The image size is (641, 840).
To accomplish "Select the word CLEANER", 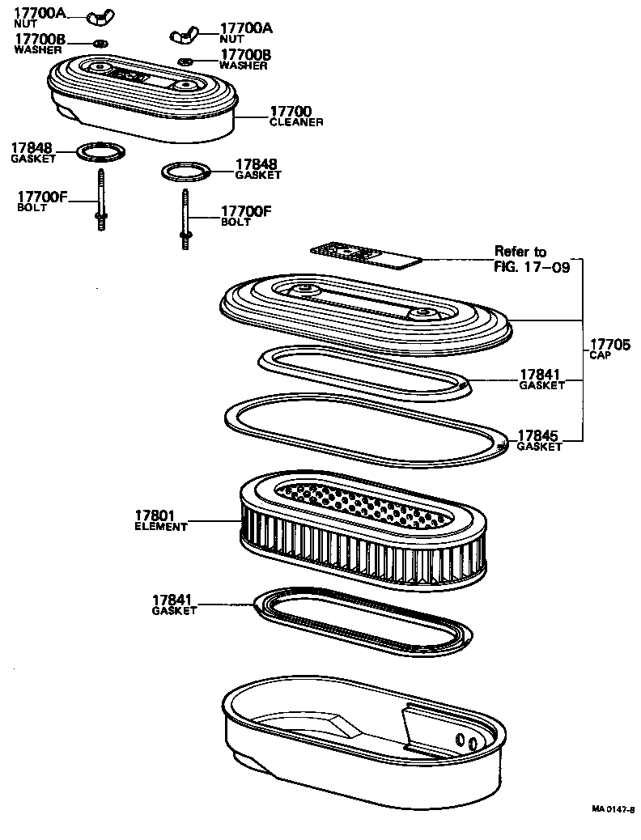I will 296,122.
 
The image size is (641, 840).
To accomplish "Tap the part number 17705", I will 609,345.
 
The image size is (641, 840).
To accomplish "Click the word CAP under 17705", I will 600,355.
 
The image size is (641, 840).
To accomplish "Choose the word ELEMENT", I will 160,527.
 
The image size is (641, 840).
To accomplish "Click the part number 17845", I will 539,435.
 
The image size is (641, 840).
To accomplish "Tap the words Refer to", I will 520,252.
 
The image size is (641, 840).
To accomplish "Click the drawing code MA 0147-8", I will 612,808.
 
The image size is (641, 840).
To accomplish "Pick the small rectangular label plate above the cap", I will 367,255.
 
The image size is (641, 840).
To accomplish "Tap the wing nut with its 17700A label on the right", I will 185,35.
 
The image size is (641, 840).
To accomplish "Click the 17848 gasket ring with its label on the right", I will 186,171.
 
